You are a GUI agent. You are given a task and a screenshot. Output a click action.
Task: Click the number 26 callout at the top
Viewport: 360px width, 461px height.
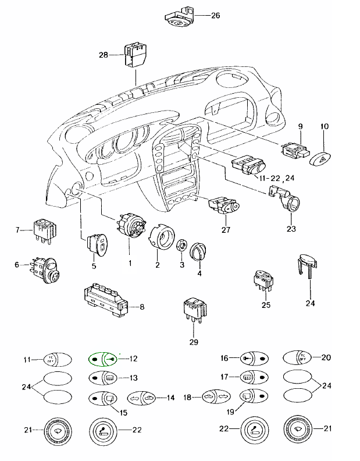coord(215,15)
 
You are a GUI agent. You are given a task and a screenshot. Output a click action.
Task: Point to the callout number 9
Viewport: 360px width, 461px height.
coord(301,126)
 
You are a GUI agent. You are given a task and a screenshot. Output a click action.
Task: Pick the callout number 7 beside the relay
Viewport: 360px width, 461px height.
coord(17,230)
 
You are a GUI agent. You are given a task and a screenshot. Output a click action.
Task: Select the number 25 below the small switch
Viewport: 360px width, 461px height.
coord(266,305)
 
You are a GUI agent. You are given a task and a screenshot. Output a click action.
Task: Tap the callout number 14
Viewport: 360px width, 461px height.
coord(170,398)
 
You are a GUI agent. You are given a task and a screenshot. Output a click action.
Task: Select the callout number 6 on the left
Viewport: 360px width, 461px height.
coord(17,265)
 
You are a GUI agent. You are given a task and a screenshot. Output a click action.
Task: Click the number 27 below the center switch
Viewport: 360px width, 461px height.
coord(226,229)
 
